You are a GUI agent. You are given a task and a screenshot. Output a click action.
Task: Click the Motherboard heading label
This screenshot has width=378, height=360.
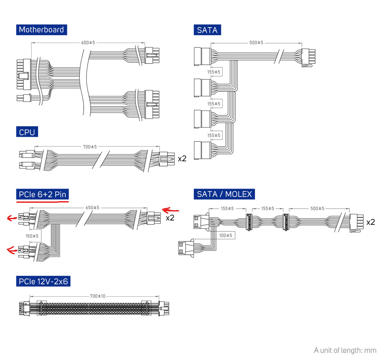click(x=41, y=30)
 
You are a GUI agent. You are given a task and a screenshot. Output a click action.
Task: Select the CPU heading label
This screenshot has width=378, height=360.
click(x=27, y=132)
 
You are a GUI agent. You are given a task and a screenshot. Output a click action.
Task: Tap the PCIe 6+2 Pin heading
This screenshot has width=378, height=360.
click(x=42, y=194)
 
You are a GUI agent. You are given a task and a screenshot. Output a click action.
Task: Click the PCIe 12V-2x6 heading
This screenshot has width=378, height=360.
click(x=43, y=281)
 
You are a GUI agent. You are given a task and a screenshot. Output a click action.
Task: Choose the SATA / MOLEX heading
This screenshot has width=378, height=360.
click(x=224, y=194)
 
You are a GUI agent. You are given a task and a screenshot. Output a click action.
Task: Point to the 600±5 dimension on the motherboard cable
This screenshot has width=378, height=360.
click(x=88, y=42)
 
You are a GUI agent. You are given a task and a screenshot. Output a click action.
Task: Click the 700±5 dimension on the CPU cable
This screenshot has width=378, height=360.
click(x=90, y=147)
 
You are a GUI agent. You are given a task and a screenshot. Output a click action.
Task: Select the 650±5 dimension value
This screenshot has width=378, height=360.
click(x=92, y=208)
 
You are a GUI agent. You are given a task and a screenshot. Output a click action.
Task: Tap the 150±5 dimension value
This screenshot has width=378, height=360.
click(x=32, y=236)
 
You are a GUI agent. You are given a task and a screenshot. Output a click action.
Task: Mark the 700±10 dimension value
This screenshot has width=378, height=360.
click(x=97, y=296)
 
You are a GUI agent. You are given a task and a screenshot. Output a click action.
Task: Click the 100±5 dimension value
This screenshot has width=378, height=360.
click(x=226, y=235)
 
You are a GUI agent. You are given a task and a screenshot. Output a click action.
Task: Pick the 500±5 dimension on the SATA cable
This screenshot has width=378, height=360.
click(x=256, y=42)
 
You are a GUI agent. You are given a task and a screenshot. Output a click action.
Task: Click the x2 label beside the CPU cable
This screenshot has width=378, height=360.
click(x=182, y=159)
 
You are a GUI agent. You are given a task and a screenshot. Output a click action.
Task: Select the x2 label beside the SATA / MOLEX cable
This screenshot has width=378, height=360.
click(x=370, y=222)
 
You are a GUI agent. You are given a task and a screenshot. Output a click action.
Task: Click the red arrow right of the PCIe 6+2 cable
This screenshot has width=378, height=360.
click(x=170, y=210)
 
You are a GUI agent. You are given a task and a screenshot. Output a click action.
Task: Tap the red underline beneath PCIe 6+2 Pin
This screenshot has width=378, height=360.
click(x=42, y=202)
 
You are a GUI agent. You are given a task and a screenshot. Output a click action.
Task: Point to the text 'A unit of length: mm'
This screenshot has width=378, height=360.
click(x=345, y=350)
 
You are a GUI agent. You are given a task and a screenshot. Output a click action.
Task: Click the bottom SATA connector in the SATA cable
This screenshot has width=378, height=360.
click(x=202, y=150)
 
